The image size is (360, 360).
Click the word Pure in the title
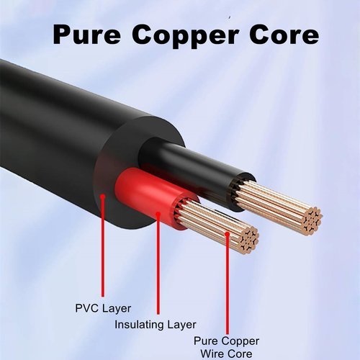[x=86, y=35]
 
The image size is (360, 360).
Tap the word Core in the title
[x=284, y=35]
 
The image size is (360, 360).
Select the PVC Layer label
[x=103, y=308]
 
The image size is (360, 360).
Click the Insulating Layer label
[x=156, y=325]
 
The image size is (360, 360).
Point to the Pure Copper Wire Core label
[x=227, y=347]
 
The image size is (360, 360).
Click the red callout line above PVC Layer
[x=103, y=246]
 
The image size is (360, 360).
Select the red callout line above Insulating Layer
[x=158, y=264]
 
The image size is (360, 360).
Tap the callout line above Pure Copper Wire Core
[x=228, y=284]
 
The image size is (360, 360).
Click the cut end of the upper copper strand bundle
[x=311, y=221]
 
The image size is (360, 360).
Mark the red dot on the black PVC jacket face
[x=103, y=197]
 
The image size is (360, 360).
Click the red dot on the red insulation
[x=158, y=214]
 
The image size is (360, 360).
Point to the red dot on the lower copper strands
[x=228, y=234]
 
